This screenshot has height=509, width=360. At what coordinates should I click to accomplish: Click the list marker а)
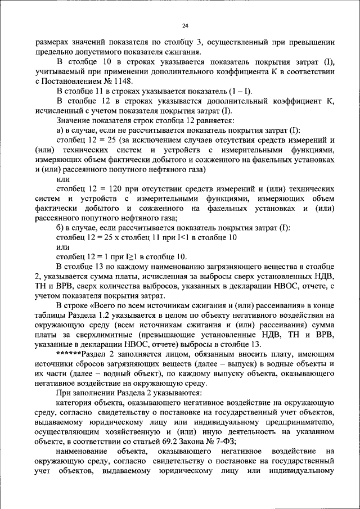(61, 130)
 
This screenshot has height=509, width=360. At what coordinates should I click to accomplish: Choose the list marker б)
(61, 228)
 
